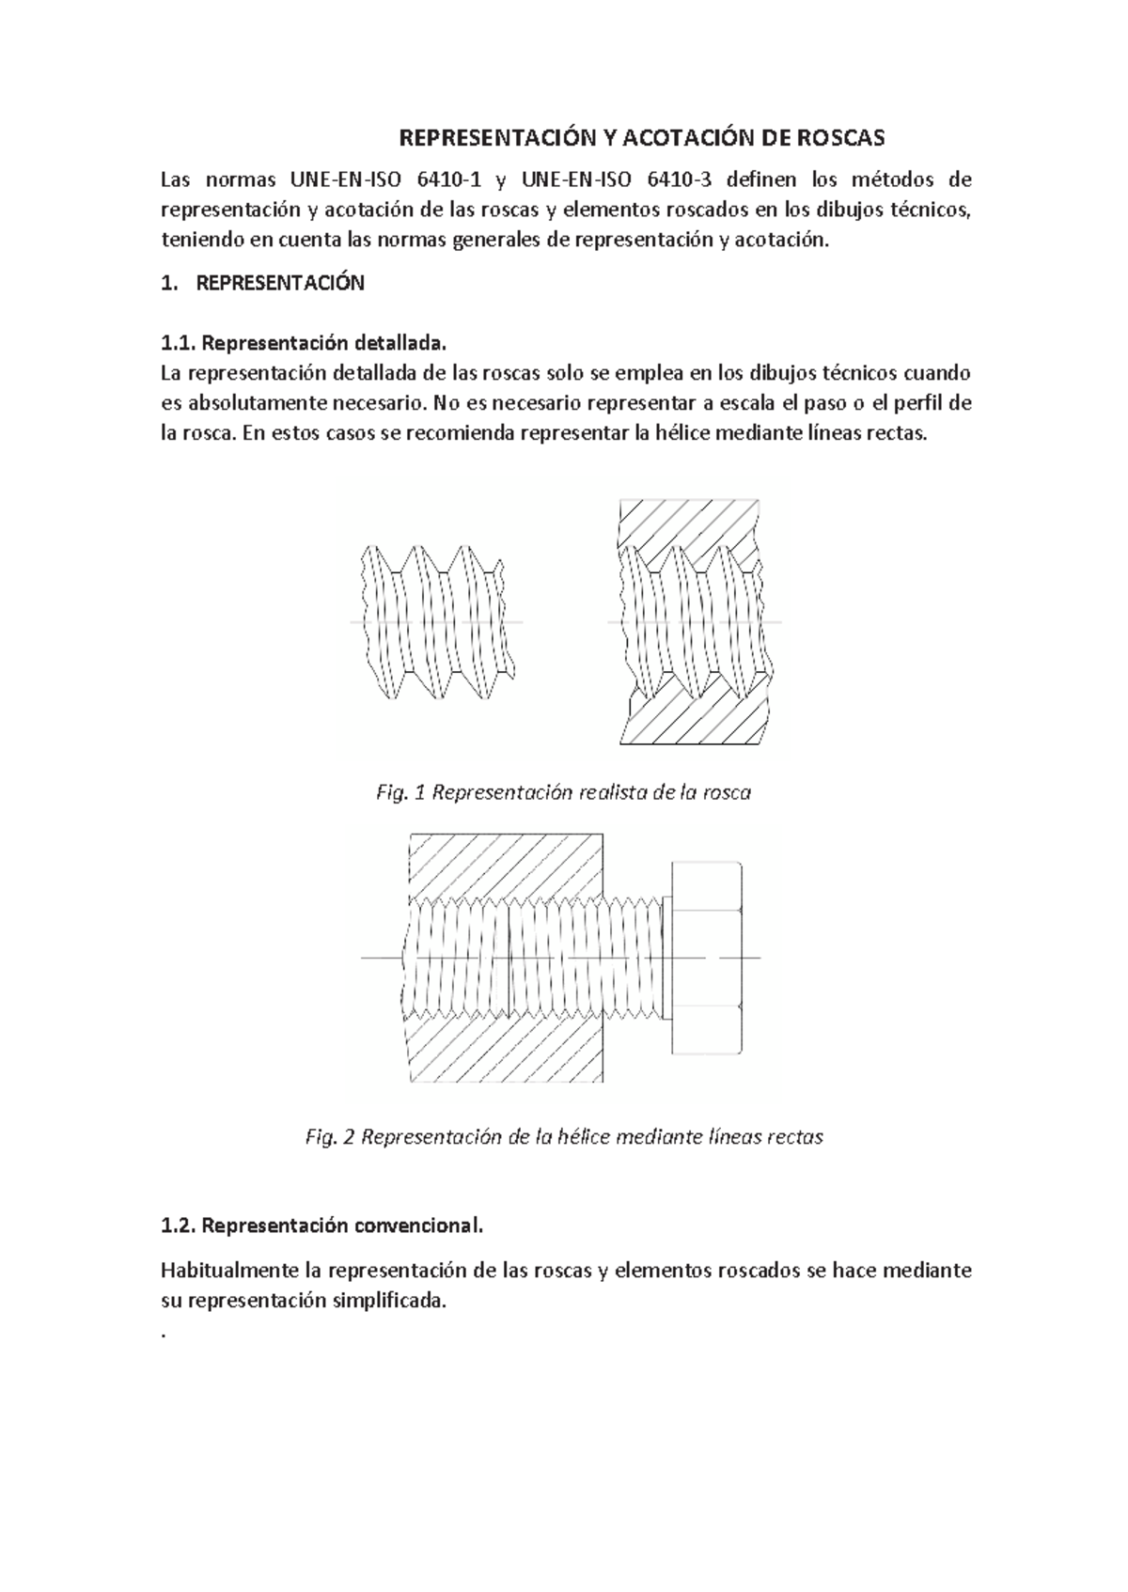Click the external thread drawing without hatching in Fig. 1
[437, 621]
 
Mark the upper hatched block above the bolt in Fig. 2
[505, 865]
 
